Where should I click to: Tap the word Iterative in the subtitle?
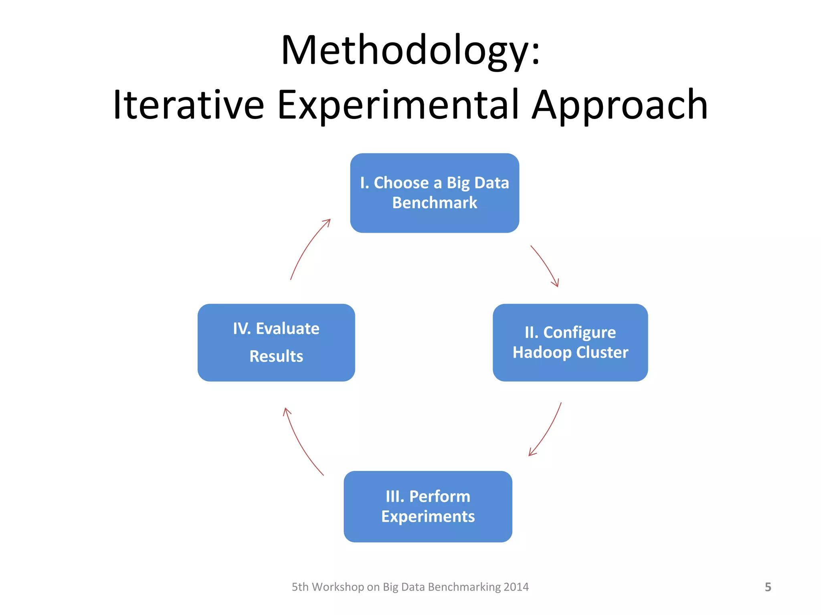point(188,105)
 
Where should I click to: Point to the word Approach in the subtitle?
point(619,105)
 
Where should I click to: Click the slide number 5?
point(768,587)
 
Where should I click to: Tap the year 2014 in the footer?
point(516,587)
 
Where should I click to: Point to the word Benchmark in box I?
point(435,203)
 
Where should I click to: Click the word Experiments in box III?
point(428,517)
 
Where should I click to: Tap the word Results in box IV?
point(276,356)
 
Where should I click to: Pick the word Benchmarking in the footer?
point(465,587)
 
